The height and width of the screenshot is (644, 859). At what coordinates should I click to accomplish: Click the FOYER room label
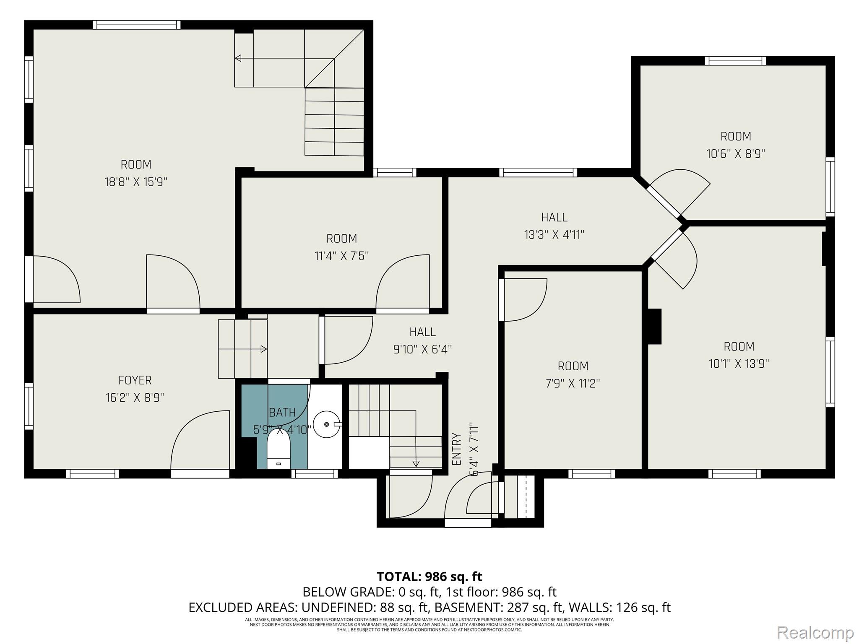[135, 380]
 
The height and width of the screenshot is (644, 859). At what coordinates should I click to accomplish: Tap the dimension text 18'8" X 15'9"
[135, 182]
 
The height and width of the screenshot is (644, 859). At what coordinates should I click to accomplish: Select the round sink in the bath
[327, 425]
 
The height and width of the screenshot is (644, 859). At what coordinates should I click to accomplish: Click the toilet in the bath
[279, 452]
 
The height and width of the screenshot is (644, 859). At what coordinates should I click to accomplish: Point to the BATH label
[282, 413]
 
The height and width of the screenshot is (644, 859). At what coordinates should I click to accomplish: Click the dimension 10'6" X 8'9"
[736, 154]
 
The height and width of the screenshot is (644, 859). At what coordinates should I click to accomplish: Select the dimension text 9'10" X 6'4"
[422, 349]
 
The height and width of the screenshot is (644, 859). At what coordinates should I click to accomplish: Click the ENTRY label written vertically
[457, 449]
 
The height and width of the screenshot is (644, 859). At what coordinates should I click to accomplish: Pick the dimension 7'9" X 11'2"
[573, 384]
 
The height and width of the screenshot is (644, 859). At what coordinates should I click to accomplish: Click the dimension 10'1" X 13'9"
[739, 364]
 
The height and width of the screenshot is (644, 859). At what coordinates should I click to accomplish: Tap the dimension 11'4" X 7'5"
[341, 256]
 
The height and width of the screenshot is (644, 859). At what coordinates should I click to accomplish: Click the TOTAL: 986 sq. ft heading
[429, 576]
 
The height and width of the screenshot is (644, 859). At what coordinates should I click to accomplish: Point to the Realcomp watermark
[815, 632]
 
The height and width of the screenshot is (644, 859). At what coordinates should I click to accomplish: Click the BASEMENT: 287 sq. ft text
[482, 608]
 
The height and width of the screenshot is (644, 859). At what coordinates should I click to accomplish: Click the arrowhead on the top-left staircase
[238, 58]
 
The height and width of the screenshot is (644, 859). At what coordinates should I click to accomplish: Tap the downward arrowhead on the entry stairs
[416, 464]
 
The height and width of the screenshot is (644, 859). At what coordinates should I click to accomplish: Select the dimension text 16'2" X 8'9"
[135, 397]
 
